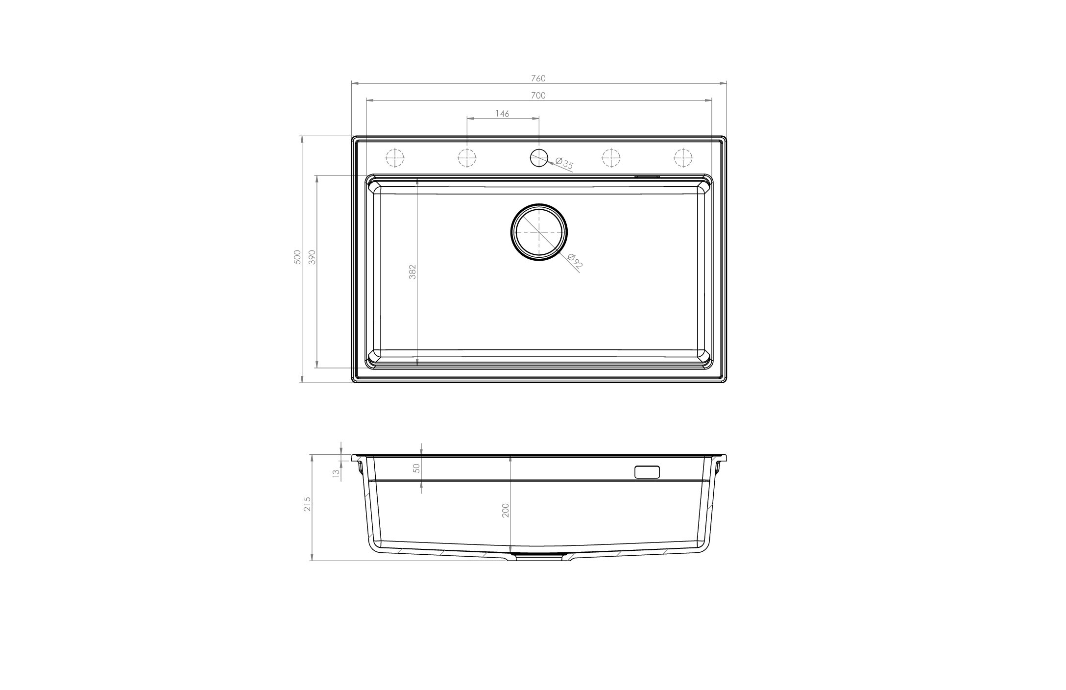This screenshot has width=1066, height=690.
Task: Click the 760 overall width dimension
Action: [x=538, y=78]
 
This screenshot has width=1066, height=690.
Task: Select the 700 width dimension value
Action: [x=538, y=96]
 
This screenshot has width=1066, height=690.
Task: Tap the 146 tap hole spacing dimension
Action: [x=502, y=114]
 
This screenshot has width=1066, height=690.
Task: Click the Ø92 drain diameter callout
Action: [x=575, y=261]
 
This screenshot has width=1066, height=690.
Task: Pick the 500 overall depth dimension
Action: [x=297, y=258]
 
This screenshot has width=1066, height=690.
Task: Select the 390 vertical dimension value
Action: [x=313, y=258]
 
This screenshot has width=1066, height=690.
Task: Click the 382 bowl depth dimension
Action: [x=412, y=272]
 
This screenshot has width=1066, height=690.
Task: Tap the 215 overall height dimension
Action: [x=308, y=504]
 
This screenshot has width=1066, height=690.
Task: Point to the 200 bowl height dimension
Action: [x=506, y=510]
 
